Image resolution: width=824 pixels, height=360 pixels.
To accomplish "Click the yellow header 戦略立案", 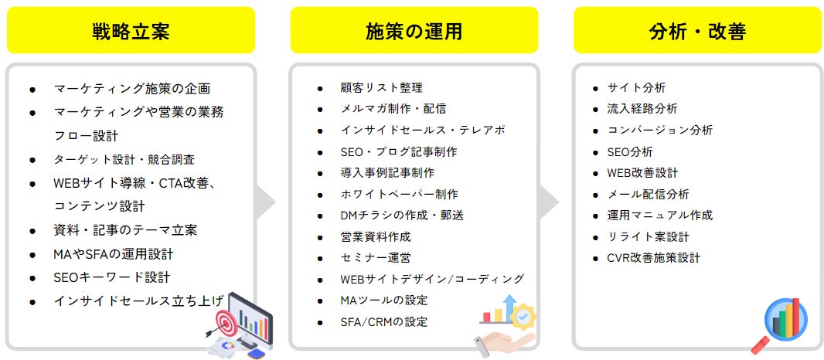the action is [131, 31].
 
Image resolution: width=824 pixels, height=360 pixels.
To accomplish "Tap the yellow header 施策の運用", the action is [414, 31].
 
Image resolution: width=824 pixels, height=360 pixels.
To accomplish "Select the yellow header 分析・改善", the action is [697, 31].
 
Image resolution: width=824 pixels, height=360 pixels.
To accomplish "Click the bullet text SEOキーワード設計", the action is [111, 277].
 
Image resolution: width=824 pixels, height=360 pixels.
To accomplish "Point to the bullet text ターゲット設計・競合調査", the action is [124, 159].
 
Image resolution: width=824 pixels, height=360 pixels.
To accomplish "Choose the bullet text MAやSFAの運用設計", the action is [113, 253].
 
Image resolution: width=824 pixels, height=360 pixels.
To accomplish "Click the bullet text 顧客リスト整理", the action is [382, 87].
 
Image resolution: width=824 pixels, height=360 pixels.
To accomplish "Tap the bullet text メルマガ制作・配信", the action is [393, 109].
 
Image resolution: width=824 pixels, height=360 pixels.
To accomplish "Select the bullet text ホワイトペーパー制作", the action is [399, 194].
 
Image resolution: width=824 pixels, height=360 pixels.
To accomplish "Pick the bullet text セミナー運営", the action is [376, 257].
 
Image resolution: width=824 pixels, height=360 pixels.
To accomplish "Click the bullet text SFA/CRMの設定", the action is [384, 321].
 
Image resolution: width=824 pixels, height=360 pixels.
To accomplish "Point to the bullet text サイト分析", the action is [636, 87].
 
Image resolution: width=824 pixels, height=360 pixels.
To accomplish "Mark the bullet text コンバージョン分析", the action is [659, 130].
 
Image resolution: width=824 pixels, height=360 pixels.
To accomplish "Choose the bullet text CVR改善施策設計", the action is [653, 258].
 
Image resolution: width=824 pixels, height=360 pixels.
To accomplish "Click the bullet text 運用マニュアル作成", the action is [659, 215].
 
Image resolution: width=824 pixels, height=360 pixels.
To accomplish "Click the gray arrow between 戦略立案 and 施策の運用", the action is [266, 202].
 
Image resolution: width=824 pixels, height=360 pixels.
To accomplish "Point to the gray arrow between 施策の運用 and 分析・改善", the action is [549, 202].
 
